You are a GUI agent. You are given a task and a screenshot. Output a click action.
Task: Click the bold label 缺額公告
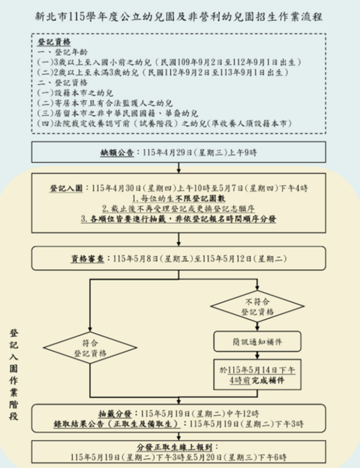click(x=118, y=153)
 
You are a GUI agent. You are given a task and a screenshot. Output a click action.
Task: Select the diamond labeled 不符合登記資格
click(x=248, y=306)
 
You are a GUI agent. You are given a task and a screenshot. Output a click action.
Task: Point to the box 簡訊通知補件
click(x=248, y=341)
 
